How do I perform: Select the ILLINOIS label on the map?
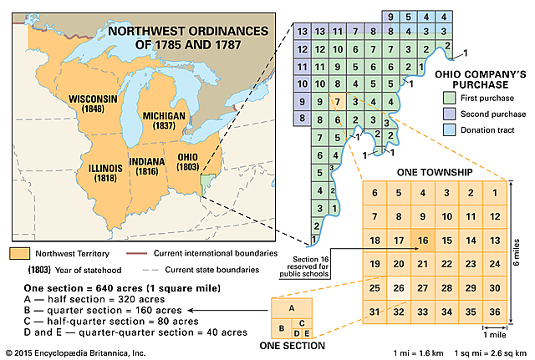105,173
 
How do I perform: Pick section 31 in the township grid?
375,312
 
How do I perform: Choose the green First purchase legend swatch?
449,99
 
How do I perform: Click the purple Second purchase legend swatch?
449,114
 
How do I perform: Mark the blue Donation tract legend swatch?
449,130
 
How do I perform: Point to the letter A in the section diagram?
292,307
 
